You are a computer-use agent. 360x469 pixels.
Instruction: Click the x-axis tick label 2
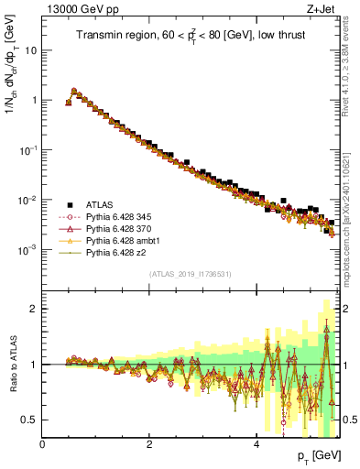[149, 444]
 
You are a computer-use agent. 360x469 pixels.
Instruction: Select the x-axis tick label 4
[256, 444]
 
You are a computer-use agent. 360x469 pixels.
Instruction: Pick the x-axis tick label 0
[43, 444]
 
